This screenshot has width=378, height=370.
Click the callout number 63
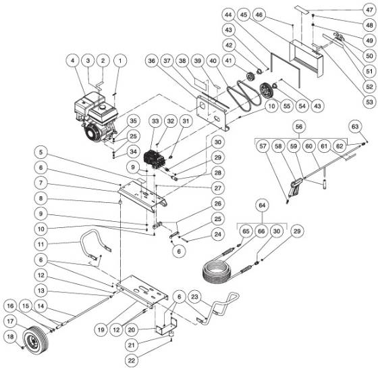[x=355, y=126]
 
